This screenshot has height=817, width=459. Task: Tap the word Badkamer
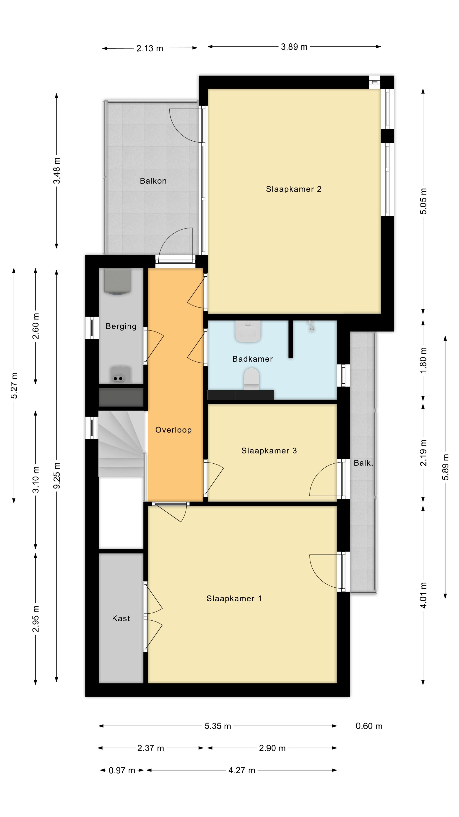point(252,359)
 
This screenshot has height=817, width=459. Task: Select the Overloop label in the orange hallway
point(173,430)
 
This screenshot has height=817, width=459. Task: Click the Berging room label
point(121,326)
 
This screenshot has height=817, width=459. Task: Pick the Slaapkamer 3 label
point(269,450)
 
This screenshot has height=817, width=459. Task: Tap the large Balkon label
point(153,181)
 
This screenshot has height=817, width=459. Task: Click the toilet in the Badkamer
point(252,379)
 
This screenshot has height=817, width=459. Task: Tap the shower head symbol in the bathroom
point(311,326)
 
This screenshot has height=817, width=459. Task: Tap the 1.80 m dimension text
point(423,360)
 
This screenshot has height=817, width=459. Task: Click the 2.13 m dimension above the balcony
point(150,49)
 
